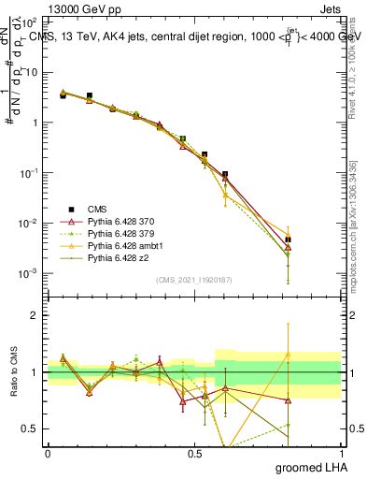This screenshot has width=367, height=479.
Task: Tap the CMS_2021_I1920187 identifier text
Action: coord(194,280)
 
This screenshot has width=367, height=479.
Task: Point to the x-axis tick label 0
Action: coord(48,454)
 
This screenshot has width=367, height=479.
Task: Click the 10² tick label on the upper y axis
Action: coord(31,21)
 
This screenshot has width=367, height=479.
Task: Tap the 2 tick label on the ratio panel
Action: coord(35,315)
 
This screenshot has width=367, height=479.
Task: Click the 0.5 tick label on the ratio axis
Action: coord(31,428)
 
